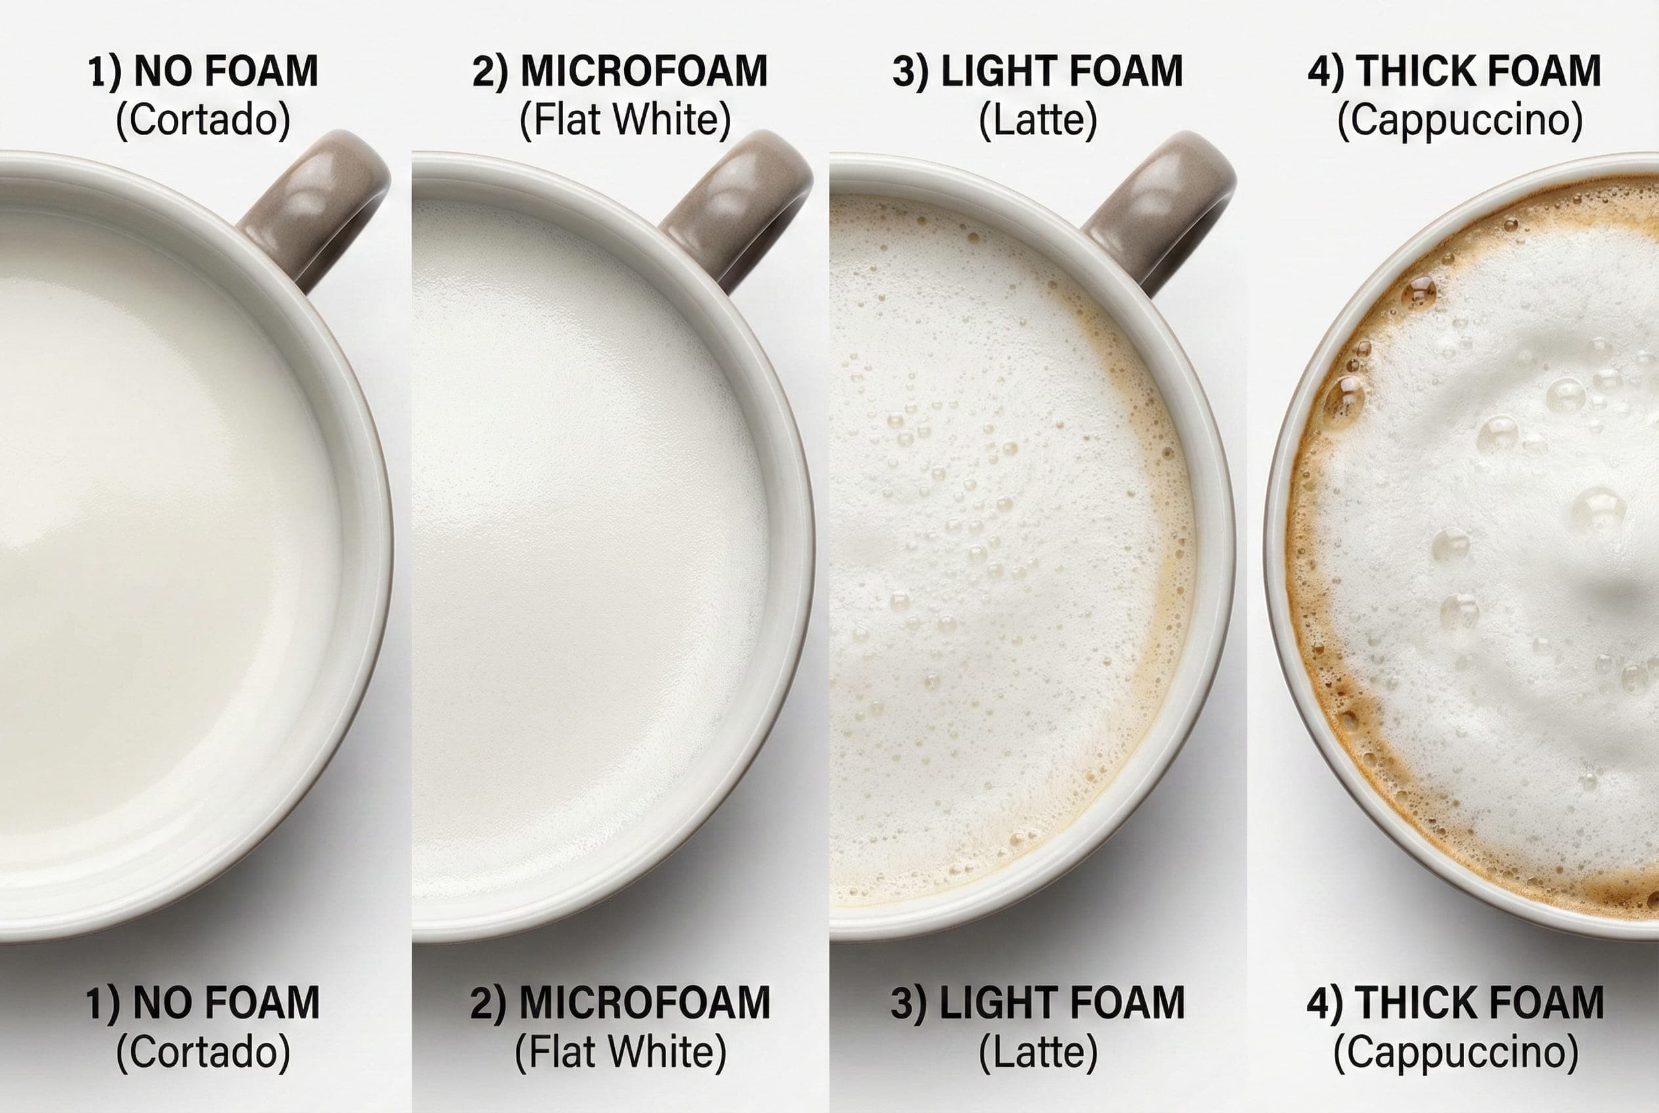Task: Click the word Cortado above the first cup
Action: coord(203,120)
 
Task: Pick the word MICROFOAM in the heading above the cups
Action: coord(644,71)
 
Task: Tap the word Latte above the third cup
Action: coord(1038,120)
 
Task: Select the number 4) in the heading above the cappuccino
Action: coord(1326,72)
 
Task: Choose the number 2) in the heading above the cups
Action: coord(490,72)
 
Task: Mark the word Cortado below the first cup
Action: coord(203,1052)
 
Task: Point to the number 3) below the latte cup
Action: coord(910,1003)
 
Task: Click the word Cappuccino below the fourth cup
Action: coord(1456,1052)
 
